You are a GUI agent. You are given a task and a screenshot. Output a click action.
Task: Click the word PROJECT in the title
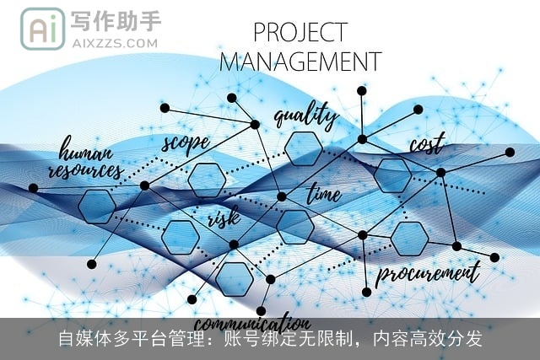click(x=300, y=32)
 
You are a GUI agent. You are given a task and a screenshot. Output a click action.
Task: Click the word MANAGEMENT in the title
click(x=300, y=62)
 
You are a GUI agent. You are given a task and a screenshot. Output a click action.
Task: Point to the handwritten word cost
click(x=426, y=144)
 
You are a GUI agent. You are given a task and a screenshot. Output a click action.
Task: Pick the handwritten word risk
click(x=224, y=219)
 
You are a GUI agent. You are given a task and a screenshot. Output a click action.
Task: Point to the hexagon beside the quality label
click(x=303, y=148)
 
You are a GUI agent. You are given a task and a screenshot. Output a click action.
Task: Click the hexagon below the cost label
click(x=392, y=175)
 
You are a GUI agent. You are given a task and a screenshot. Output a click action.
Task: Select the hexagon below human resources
click(x=97, y=207)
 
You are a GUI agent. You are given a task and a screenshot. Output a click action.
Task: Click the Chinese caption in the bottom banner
click(x=270, y=339)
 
